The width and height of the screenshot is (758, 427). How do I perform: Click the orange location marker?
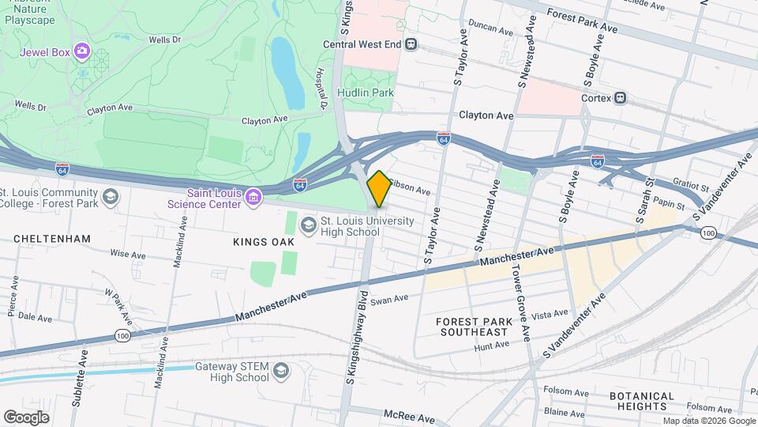click(379, 189)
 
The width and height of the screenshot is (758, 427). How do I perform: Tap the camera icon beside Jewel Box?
click(81, 52)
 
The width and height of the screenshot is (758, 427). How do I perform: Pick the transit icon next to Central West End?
click(411, 44)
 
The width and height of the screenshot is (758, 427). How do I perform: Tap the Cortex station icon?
click(621, 99)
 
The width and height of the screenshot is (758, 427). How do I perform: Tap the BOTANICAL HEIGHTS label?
click(641, 401)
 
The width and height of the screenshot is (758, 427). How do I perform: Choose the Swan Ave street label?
click(389, 299)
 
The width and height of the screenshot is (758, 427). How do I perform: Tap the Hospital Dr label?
click(322, 88)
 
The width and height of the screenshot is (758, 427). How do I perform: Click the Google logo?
click(26, 417)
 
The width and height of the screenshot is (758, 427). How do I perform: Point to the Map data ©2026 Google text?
click(707, 421)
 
